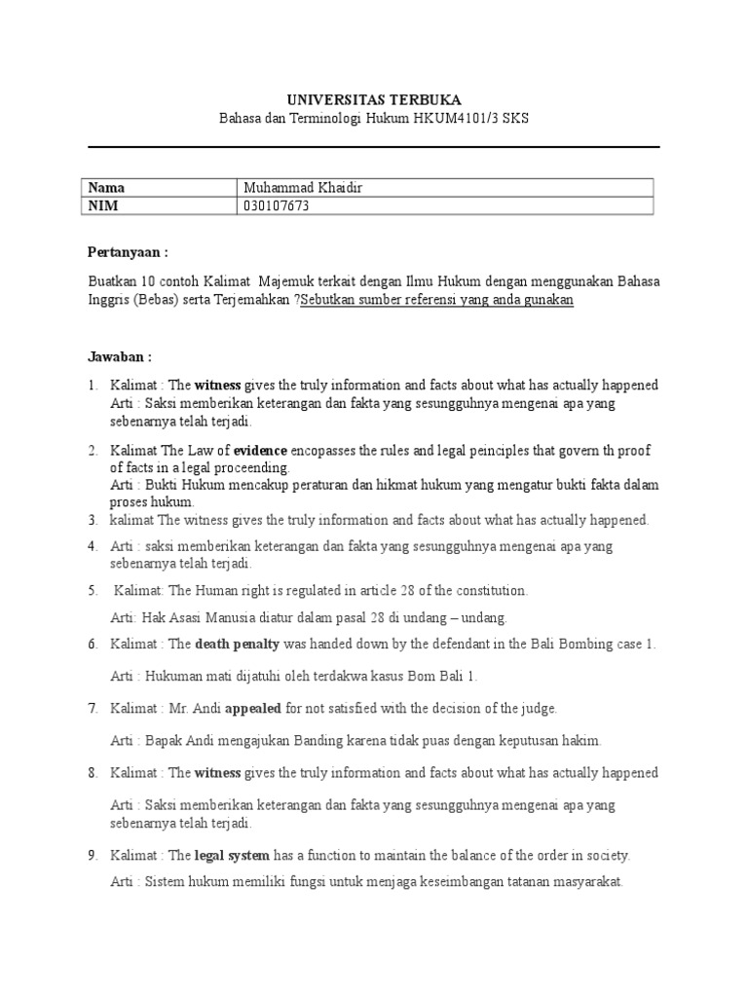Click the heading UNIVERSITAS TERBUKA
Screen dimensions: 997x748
[374, 100]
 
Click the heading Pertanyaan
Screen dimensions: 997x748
[128, 251]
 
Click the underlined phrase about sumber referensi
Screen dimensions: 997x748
[436, 300]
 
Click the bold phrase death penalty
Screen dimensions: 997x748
[238, 645]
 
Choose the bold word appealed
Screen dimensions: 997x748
[253, 709]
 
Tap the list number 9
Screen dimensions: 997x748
[93, 856]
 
